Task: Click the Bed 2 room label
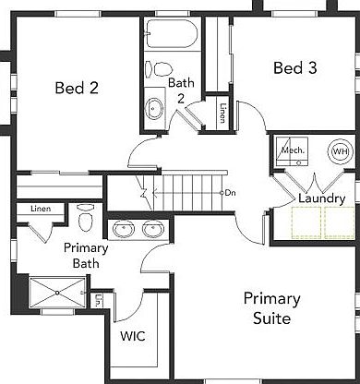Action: pyautogui.click(x=78, y=89)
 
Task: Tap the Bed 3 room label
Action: pyautogui.click(x=296, y=67)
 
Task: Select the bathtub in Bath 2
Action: pyautogui.click(x=171, y=37)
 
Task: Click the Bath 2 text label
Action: pyautogui.click(x=181, y=90)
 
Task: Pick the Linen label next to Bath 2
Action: pyautogui.click(x=222, y=112)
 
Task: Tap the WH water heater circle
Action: pyautogui.click(x=340, y=151)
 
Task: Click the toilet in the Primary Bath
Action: pyautogui.click(x=86, y=218)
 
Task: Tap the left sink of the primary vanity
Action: pyautogui.click(x=123, y=229)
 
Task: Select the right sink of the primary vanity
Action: pyautogui.click(x=153, y=229)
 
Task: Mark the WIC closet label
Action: pyautogui.click(x=133, y=336)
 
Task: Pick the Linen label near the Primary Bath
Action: pyautogui.click(x=40, y=210)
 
